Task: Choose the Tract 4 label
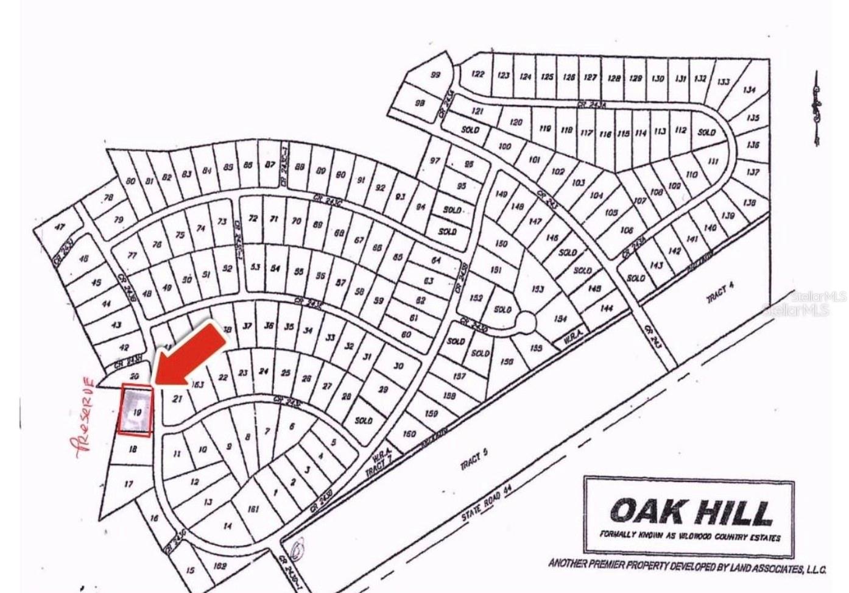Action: click(717, 296)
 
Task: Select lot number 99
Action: click(435, 75)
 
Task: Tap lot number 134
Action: click(749, 90)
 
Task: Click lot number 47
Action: click(60, 227)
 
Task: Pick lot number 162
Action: click(220, 566)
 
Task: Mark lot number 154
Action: click(560, 319)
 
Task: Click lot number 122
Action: click(478, 74)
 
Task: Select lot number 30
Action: click(398, 366)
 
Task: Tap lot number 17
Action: click(128, 485)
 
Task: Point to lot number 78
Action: click(108, 197)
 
